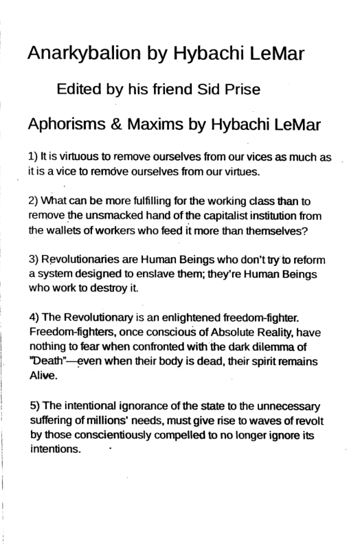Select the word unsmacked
(x=104, y=216)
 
